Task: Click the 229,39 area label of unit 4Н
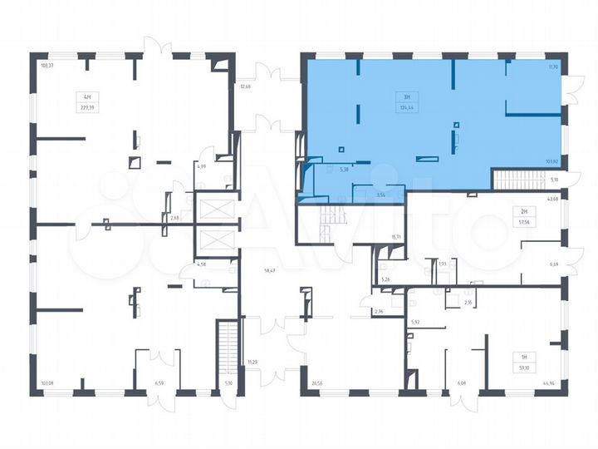tap(86, 107)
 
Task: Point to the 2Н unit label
tap(522, 213)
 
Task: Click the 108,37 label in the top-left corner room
tap(47, 65)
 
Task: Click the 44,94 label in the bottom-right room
tap(549, 383)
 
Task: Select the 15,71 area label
tap(396, 237)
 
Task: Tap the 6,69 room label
tap(554, 264)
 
